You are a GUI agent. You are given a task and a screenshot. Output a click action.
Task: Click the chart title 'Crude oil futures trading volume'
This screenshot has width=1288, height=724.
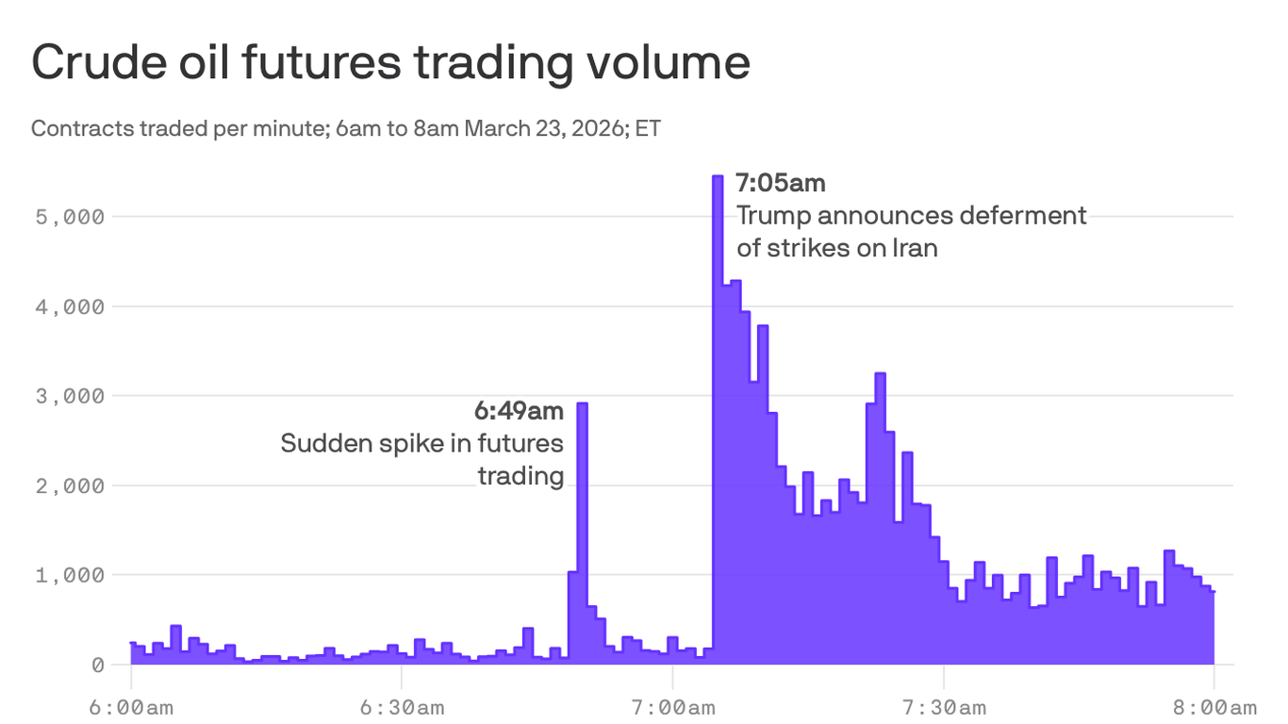point(390,63)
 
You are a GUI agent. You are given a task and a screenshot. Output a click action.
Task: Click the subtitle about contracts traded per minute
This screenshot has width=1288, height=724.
point(345,128)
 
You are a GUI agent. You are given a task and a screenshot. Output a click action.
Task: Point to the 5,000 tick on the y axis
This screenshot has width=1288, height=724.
point(71,217)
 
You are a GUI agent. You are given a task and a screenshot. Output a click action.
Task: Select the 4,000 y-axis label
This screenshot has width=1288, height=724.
point(71,306)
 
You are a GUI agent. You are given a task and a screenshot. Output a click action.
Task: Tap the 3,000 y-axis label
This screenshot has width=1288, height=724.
point(71,396)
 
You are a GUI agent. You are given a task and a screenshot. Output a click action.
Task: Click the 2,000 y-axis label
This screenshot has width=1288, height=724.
point(71,485)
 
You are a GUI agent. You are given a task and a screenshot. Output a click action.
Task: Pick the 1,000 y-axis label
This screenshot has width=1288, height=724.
point(71,575)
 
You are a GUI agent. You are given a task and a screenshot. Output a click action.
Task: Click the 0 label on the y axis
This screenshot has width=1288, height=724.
point(98,665)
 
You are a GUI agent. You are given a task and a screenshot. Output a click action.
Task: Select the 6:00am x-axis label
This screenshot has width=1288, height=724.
point(131,707)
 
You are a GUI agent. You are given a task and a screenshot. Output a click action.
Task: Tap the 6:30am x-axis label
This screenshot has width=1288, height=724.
point(402,707)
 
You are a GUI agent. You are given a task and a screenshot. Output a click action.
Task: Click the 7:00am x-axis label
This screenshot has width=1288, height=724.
point(672,707)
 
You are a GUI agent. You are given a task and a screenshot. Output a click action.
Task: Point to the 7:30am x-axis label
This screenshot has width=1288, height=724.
point(944,707)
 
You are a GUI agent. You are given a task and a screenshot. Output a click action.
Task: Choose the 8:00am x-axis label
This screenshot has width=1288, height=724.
point(1214,707)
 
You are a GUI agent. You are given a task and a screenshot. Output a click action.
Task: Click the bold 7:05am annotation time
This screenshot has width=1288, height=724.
point(780,182)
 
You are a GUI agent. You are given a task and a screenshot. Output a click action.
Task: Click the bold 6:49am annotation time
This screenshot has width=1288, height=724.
point(519,411)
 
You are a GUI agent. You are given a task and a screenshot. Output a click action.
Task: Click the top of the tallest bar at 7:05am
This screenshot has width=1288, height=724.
point(718,177)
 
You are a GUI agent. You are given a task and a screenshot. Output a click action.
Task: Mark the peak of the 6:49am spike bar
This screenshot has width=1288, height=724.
point(582,404)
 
